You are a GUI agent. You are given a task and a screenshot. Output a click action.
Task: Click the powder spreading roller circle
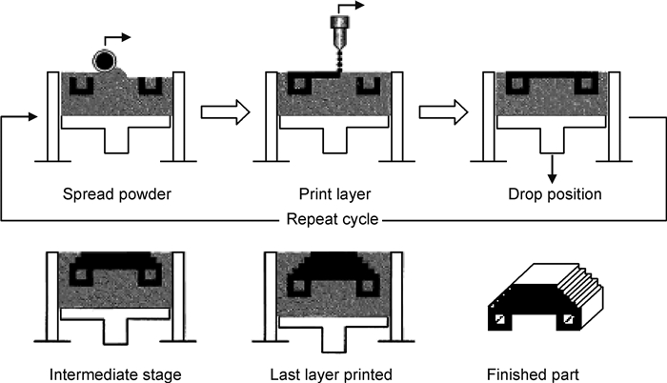(104, 61)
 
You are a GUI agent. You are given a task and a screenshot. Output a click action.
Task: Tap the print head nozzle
(339, 36)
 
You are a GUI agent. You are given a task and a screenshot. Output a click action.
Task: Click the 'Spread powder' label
(117, 194)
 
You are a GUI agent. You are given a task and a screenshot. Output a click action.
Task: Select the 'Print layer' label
(334, 194)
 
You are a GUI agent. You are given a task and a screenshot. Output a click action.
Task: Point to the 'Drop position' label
(555, 194)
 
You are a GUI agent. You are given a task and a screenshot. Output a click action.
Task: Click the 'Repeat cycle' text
(333, 219)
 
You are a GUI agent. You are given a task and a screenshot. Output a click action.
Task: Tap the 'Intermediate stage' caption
(115, 375)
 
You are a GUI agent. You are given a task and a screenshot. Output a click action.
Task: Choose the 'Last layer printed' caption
(331, 375)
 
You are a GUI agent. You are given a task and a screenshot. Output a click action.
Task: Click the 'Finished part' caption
(533, 375)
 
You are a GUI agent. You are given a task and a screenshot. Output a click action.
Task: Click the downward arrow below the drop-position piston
(552, 170)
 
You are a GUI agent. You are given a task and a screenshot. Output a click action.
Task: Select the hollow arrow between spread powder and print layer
(225, 112)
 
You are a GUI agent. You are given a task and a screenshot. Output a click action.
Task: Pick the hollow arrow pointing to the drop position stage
(443, 112)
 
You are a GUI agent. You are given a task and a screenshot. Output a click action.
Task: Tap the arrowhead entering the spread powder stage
(33, 116)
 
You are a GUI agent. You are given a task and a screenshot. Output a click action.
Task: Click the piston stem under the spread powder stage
(116, 140)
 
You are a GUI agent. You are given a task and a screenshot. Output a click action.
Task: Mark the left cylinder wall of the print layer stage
(271, 116)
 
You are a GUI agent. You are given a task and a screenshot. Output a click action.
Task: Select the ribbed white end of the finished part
(581, 290)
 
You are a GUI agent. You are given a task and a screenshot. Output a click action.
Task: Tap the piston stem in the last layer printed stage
(333, 339)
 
